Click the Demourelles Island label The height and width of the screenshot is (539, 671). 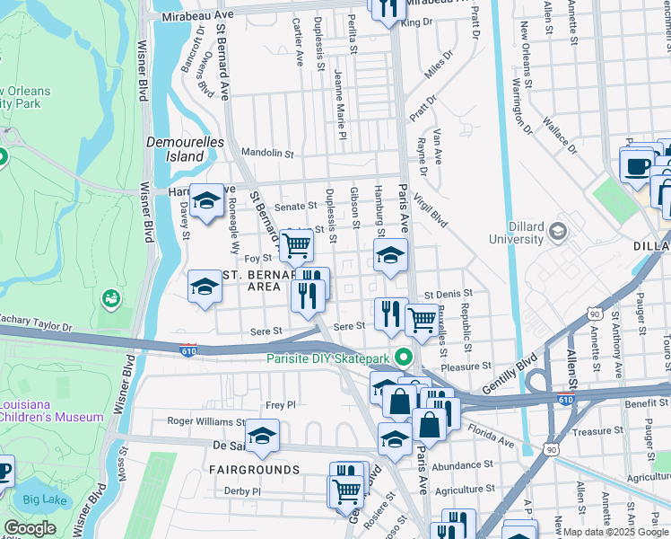177,149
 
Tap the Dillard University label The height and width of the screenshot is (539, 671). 529,234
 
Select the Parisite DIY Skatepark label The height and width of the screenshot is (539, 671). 331,358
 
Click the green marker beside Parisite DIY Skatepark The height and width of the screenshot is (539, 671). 404,358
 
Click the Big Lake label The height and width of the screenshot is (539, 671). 42,499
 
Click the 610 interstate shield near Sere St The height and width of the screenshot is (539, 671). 187,348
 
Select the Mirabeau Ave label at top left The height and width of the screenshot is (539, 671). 197,16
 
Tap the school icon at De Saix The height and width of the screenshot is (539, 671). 261,436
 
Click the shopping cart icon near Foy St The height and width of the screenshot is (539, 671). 295,243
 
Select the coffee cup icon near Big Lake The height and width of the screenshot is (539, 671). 3,470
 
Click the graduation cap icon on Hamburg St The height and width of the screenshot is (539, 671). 390,255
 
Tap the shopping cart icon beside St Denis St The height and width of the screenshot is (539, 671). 421,318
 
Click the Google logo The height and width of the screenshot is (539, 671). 30,528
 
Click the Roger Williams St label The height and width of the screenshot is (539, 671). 206,420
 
